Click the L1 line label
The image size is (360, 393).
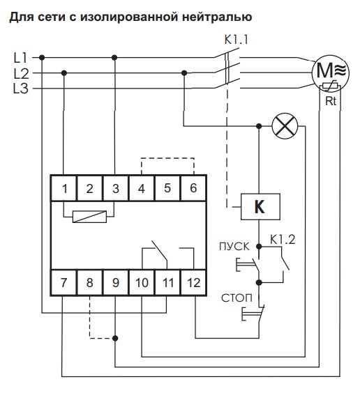pyautogui.click(x=20, y=58)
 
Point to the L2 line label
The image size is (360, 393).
pyautogui.click(x=21, y=74)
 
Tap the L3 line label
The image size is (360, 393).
pyautogui.click(x=21, y=88)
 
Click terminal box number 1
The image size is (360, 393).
pyautogui.click(x=63, y=188)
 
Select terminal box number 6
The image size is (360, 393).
pyautogui.click(x=193, y=188)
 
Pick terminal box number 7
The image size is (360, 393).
pyautogui.click(x=63, y=282)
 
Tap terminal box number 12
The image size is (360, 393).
pyautogui.click(x=193, y=282)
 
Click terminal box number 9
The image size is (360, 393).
pyautogui.click(x=115, y=282)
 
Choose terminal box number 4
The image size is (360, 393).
pyautogui.click(x=141, y=188)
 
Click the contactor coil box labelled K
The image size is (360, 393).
pyautogui.click(x=260, y=207)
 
